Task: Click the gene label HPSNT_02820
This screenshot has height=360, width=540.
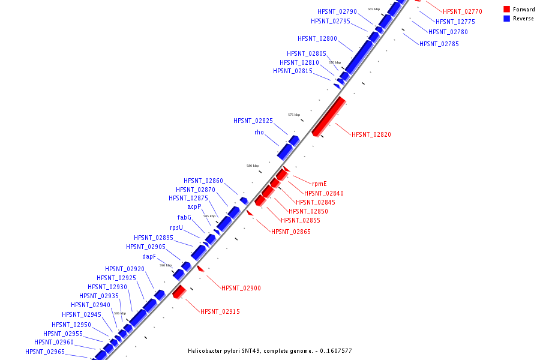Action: [x=371, y=135]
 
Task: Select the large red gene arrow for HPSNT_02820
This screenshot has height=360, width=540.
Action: [x=328, y=116]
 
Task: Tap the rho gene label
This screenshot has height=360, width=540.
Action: [x=259, y=133]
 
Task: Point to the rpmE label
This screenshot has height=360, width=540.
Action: [x=319, y=184]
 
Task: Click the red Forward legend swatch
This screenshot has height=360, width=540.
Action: [x=507, y=10]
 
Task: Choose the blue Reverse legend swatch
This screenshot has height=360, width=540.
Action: [x=507, y=19]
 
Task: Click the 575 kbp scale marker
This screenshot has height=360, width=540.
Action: [x=293, y=115]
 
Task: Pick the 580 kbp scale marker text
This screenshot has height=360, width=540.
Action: [x=252, y=166]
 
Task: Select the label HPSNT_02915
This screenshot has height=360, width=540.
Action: [x=220, y=312]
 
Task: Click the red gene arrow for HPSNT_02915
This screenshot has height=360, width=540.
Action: [x=179, y=292]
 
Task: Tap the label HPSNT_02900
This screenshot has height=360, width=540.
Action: [x=241, y=289]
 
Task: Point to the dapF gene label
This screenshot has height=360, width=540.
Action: [x=149, y=256]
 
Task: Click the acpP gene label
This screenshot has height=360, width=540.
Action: [x=194, y=207]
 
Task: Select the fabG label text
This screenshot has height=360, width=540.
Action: [x=184, y=218]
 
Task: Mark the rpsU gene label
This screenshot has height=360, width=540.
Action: [x=176, y=228]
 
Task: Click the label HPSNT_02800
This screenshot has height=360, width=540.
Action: [x=317, y=39]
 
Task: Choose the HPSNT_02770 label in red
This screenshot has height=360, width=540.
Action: [x=462, y=11]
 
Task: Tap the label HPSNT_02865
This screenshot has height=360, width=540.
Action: [x=290, y=232]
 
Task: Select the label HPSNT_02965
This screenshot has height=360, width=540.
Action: [x=44, y=352]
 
